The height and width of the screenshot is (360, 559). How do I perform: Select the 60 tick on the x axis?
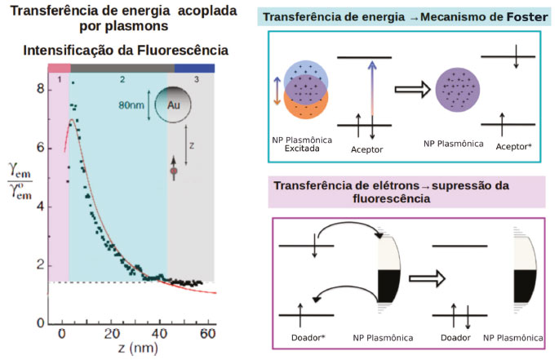[208, 334]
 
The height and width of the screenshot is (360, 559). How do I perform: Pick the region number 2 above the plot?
[121, 80]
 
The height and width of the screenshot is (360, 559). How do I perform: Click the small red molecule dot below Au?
[173, 172]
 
